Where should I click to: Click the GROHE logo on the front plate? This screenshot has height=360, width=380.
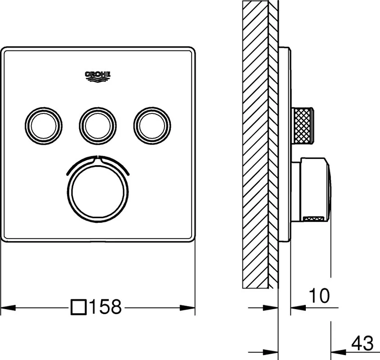click(x=98, y=76)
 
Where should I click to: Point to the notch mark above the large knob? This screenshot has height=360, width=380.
click(x=98, y=157)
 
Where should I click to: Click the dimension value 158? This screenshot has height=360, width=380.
click(x=105, y=306)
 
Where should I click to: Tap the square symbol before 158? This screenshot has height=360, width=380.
click(x=79, y=307)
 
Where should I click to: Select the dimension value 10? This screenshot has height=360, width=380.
click(x=319, y=295)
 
